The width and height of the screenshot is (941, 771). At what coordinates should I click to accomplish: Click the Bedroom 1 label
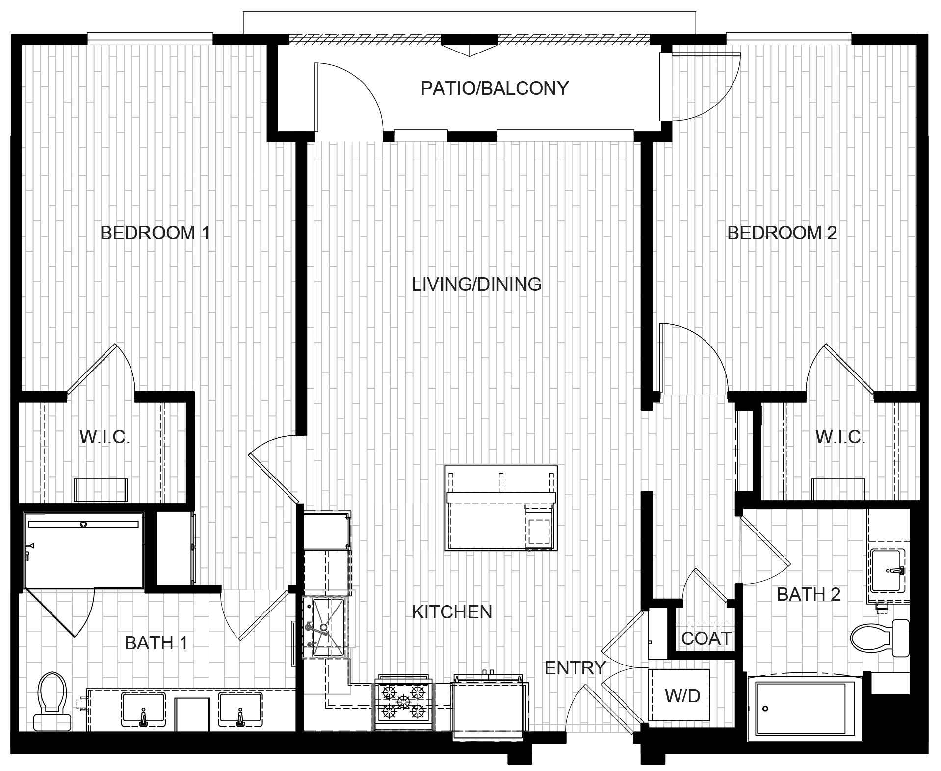tap(155, 233)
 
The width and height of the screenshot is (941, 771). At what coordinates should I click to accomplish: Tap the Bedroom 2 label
tap(782, 233)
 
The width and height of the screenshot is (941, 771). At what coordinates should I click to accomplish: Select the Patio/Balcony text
tap(495, 88)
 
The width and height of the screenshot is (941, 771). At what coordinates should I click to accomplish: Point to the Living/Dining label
tap(476, 284)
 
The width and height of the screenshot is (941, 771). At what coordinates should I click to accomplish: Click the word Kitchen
tap(452, 612)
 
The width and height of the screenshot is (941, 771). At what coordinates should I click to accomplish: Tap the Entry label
tap(575, 668)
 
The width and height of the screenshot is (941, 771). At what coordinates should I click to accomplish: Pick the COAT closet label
tap(706, 638)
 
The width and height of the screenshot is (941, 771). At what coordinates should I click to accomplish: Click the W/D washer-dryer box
tap(679, 695)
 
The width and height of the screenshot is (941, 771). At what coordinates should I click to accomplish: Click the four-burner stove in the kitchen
tap(404, 705)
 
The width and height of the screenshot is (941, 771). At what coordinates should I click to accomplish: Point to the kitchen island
tap(501, 508)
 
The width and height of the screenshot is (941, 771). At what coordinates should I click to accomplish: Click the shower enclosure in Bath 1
tap(83, 550)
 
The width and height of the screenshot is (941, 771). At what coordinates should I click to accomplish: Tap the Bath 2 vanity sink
tap(887, 571)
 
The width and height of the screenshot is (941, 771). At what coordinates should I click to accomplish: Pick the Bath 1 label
tap(156, 643)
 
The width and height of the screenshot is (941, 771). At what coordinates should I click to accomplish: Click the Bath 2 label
tap(809, 594)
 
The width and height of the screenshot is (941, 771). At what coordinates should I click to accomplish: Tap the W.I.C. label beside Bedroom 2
tap(840, 437)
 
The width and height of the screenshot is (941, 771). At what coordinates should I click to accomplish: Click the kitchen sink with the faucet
tap(325, 627)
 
